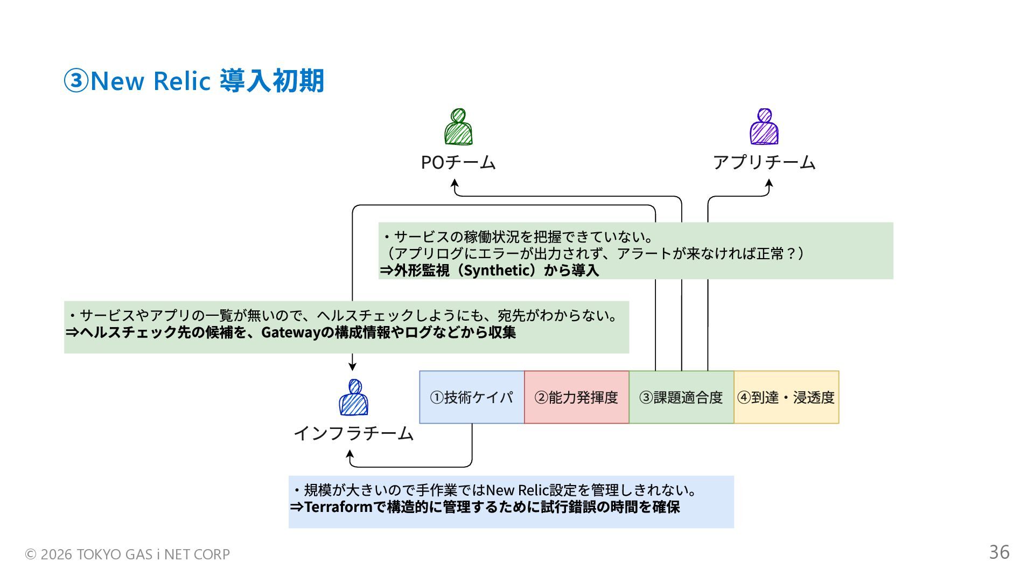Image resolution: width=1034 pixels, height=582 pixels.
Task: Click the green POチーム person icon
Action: [x=458, y=127]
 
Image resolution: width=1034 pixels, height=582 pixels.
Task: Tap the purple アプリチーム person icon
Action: [x=764, y=127]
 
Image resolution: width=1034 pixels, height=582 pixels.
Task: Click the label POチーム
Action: [x=458, y=162]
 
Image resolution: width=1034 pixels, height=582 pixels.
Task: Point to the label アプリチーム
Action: [x=764, y=162]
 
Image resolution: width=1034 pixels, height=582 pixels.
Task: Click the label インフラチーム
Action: [x=353, y=433]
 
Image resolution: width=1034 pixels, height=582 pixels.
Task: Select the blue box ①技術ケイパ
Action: [x=472, y=397]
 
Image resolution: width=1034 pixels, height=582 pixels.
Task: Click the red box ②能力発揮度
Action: [x=576, y=397]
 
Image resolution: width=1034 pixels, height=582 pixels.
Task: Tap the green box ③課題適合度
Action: [x=681, y=397]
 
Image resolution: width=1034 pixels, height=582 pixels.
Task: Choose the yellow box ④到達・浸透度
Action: [x=786, y=397]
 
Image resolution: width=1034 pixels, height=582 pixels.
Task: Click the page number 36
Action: [x=999, y=552]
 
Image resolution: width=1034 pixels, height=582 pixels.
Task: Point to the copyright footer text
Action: [x=128, y=554]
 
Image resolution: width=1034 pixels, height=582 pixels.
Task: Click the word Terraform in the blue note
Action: [x=338, y=507]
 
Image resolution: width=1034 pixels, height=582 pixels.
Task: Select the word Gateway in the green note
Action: [x=291, y=332]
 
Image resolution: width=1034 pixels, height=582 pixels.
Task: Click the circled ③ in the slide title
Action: [x=76, y=81]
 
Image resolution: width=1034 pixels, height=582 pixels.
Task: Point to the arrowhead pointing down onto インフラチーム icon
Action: [x=352, y=366]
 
